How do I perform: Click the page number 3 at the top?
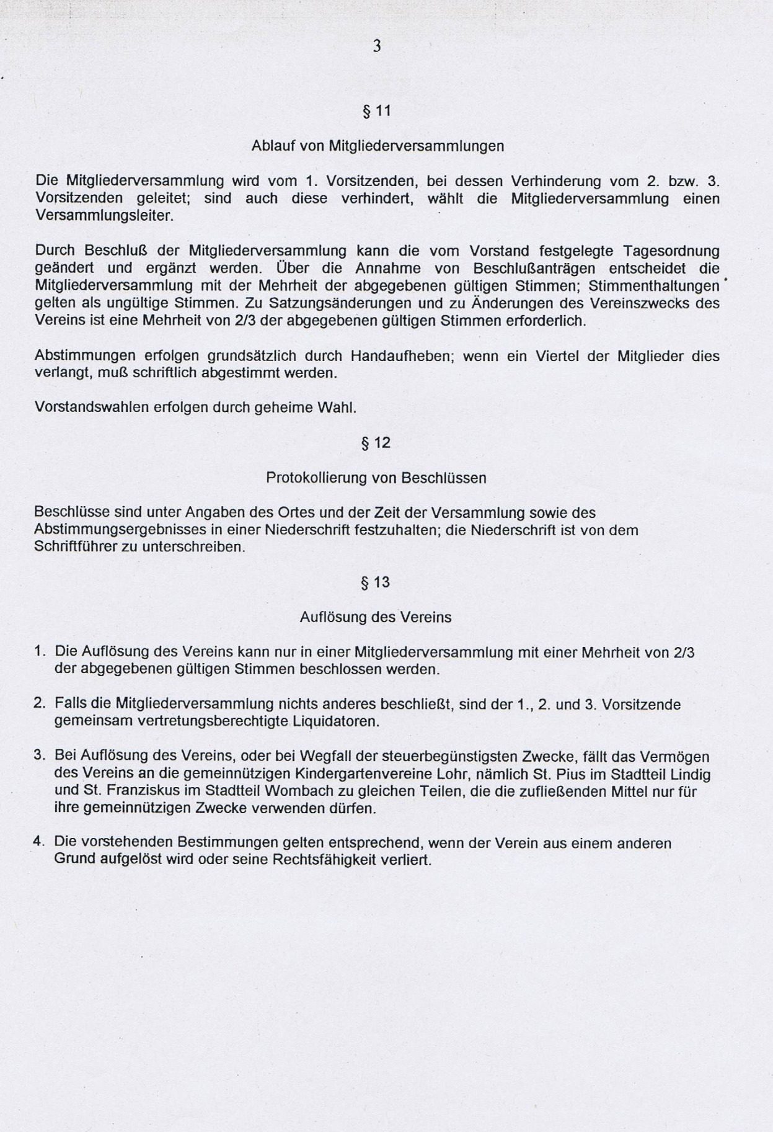376,46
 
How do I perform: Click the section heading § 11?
376,111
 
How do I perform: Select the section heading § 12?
376,443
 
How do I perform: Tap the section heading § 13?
376,582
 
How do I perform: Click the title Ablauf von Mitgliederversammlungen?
378,146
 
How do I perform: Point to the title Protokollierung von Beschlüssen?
376,478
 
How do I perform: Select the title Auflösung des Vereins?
376,618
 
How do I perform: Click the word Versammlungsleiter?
104,216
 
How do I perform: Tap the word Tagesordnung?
671,251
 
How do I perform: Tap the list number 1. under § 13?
40,652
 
